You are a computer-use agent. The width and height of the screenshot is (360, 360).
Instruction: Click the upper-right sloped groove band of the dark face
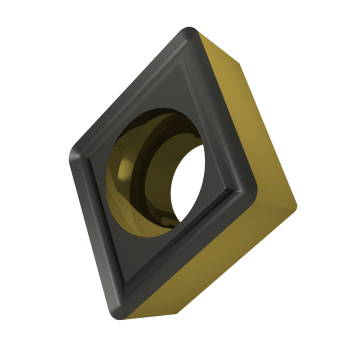point(224,110)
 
